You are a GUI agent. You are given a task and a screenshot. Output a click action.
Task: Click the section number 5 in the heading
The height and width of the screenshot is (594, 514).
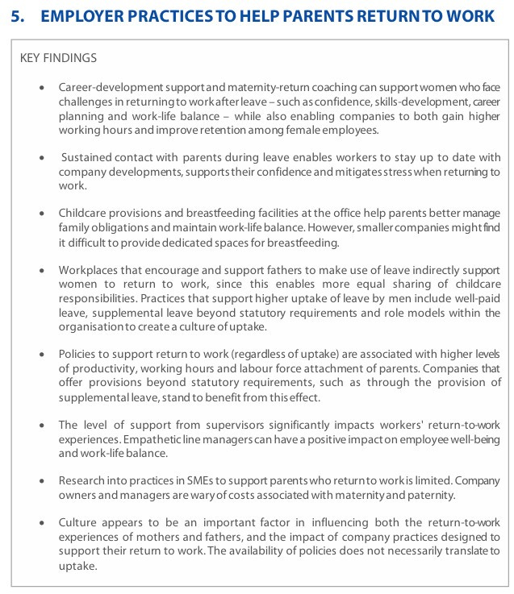pyautogui.click(x=15, y=16)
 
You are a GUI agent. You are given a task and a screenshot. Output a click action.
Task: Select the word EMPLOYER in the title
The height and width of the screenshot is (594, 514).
pyautogui.click(x=78, y=16)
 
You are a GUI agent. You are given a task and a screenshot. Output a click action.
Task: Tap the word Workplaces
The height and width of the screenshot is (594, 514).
pyautogui.click(x=90, y=269)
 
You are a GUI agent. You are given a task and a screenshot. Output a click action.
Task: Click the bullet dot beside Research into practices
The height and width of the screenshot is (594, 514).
pyautogui.click(x=41, y=481)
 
